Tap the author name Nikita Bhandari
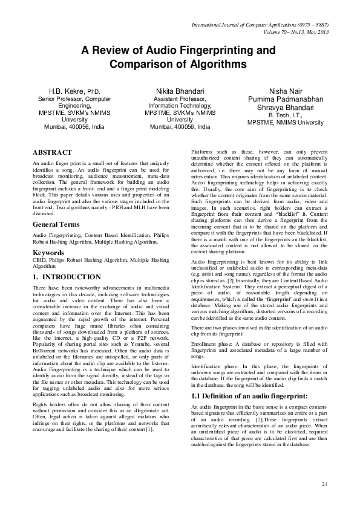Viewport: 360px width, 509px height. coord(180,91)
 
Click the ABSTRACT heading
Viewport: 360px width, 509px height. coord(52,152)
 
